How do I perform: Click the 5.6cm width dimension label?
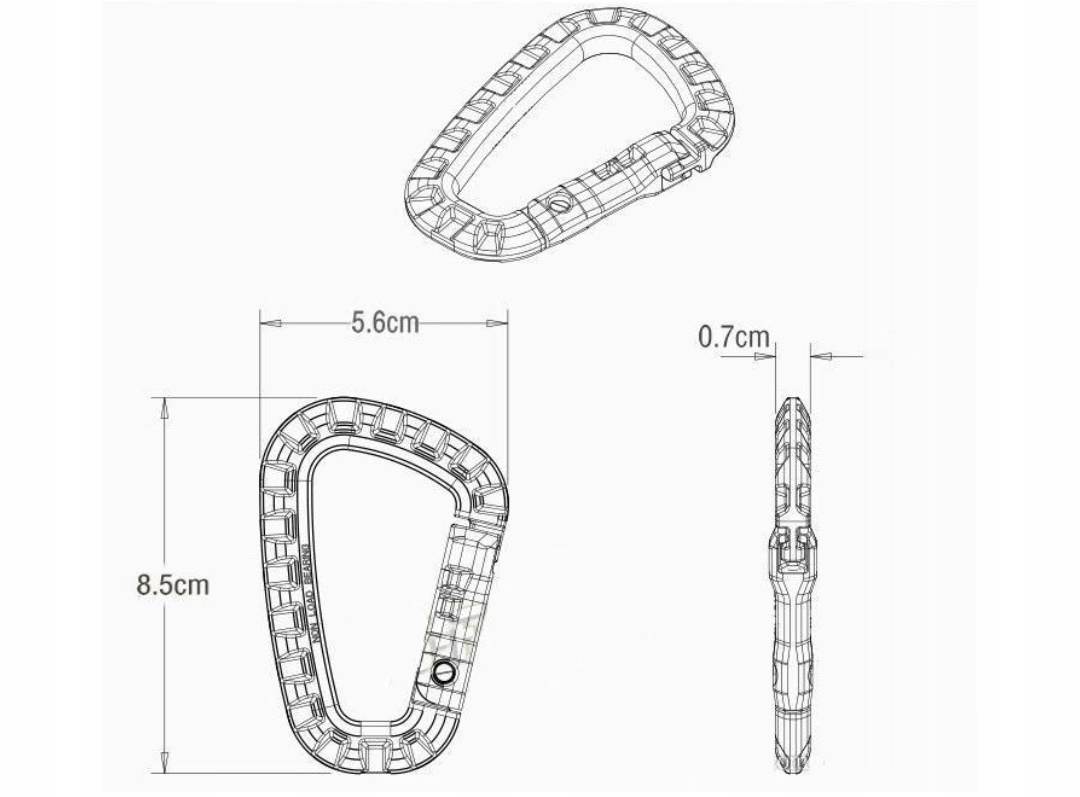coord(385,323)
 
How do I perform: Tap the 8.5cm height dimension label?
coord(173,585)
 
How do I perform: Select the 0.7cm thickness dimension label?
coord(734,337)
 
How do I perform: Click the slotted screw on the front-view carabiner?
coord(442,673)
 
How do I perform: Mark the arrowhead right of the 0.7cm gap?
coord(817,354)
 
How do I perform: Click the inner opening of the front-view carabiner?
coord(370,580)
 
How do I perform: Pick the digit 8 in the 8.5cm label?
coord(143,585)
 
